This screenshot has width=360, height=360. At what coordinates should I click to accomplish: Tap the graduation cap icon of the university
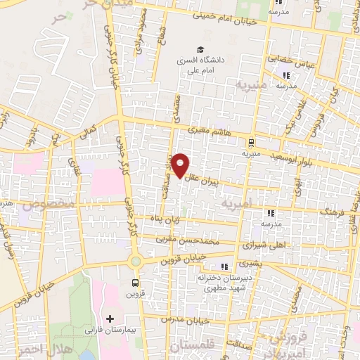point(201,50)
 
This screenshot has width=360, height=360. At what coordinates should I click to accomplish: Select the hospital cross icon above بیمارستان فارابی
point(110,319)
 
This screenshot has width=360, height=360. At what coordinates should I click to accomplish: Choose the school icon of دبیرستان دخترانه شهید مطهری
point(224,266)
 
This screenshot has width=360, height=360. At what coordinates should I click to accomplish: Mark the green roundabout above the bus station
point(134,262)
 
